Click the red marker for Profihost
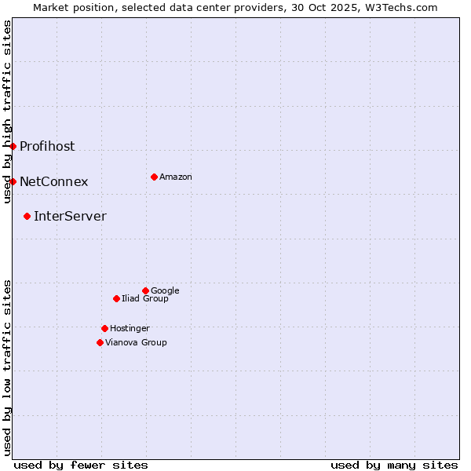pos(13,146)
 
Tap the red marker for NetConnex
pos(13,181)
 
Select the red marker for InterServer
pos(27,216)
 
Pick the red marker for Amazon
pos(154,177)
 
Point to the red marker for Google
pos(145,290)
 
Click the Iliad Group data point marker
pos(116,298)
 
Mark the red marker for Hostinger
pos(104,328)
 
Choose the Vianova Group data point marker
pos(100,342)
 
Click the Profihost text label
pos(47,146)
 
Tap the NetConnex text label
pos(53,181)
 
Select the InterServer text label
pos(70,216)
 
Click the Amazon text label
pos(176,177)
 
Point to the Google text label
pos(165,290)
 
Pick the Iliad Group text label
pos(145,298)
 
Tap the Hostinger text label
pos(130,328)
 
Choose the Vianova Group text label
pos(136,342)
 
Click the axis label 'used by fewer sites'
pos(81,465)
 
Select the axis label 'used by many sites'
pos(394,465)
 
